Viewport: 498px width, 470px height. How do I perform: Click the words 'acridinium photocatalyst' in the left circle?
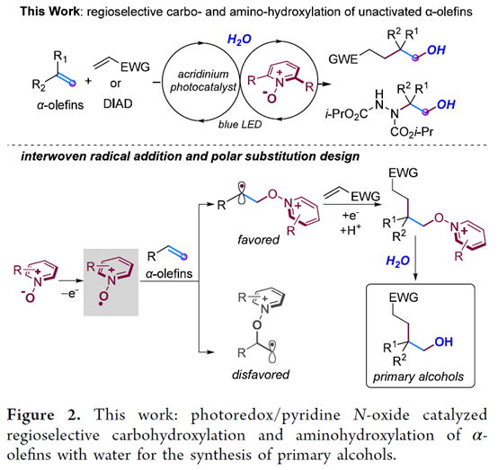[x=203, y=80]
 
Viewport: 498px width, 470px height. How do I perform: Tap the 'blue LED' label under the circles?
[x=240, y=124]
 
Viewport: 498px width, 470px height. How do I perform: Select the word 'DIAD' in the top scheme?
[x=118, y=104]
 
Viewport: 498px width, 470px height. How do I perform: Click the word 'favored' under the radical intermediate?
[x=258, y=239]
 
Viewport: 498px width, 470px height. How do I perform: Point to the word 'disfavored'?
[x=261, y=375]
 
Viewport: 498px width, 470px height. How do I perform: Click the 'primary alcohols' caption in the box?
[x=418, y=377]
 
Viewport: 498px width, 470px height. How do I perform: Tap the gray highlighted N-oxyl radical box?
[x=111, y=282]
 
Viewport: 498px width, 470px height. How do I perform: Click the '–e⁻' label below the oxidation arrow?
[x=70, y=294]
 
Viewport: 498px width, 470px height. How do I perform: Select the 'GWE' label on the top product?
[x=343, y=59]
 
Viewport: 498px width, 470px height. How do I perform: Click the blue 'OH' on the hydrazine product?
[x=446, y=104]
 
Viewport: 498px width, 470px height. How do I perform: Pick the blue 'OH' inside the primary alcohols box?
[x=443, y=341]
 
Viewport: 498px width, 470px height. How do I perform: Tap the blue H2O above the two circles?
[x=239, y=40]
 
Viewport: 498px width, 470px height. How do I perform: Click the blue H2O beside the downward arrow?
[x=397, y=261]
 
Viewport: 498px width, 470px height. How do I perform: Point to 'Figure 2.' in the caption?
[x=43, y=415]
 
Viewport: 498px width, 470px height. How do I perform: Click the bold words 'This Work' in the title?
[x=49, y=12]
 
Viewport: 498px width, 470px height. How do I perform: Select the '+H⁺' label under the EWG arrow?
[x=350, y=230]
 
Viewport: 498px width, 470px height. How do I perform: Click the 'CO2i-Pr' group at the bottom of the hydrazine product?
[x=412, y=131]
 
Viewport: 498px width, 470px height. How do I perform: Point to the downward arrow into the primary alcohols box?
[x=416, y=258]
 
